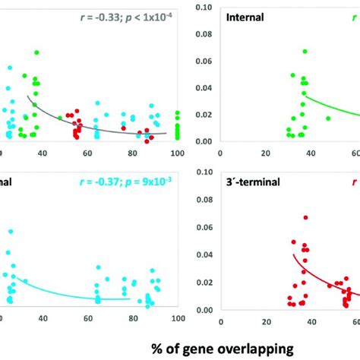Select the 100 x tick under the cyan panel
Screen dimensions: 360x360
click(178, 320)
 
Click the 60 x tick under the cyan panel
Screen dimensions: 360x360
click(87, 320)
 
